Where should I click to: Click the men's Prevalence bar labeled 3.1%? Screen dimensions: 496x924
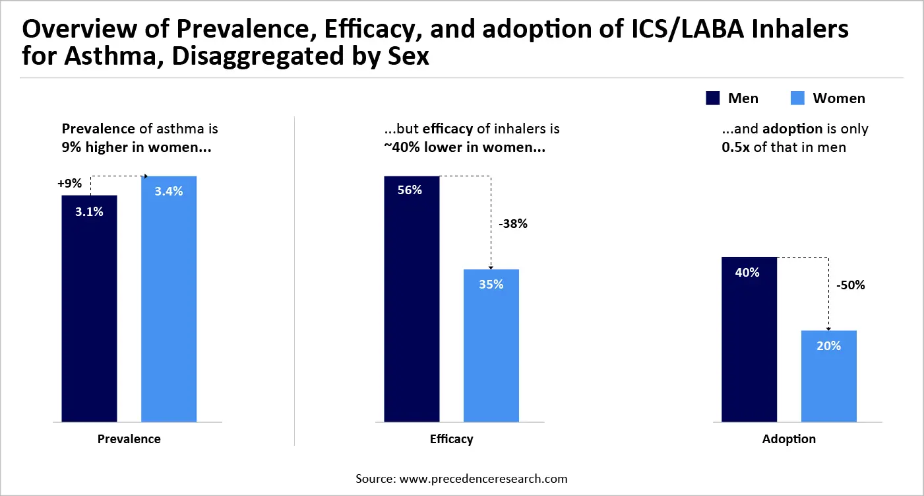click(89, 308)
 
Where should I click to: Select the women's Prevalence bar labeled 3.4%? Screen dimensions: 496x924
click(169, 299)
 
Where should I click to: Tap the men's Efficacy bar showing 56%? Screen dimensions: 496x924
click(412, 299)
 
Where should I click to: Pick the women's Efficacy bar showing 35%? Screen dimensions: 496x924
click(491, 345)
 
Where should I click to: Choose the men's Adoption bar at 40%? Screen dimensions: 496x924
click(749, 339)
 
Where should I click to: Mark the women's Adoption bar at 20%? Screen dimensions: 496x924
click(828, 375)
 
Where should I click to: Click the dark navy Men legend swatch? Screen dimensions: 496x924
click(712, 98)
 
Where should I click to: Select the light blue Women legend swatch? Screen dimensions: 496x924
click(797, 98)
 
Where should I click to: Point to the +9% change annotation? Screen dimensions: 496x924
click(69, 182)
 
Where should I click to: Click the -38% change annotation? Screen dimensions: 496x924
click(514, 223)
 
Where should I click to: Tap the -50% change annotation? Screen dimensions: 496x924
click(850, 286)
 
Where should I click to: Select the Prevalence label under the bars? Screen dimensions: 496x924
click(129, 439)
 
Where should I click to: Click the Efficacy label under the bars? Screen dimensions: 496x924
click(451, 439)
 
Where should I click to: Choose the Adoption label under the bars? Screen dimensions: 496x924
click(789, 439)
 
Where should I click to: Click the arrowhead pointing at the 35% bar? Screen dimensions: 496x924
click(491, 267)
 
